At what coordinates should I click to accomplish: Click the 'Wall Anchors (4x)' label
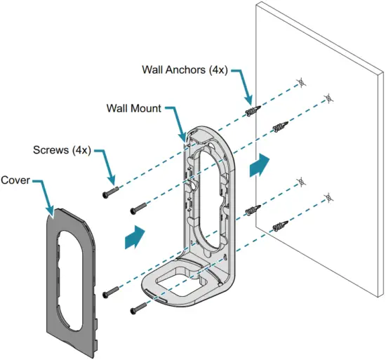click(x=184, y=70)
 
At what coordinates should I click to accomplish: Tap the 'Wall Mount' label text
click(x=134, y=109)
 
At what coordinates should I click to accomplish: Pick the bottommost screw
click(x=137, y=306)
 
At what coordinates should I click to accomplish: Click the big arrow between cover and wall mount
click(x=134, y=237)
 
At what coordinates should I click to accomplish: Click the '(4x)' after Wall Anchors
click(x=214, y=70)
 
